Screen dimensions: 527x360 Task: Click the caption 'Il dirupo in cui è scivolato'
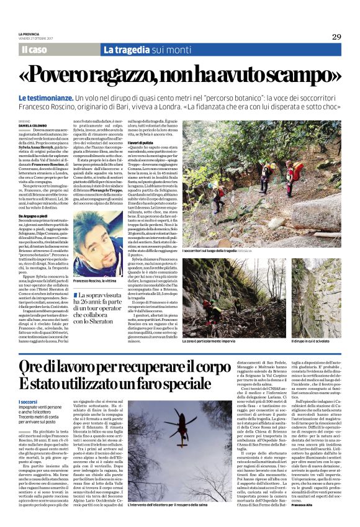[x=311, y=341]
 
